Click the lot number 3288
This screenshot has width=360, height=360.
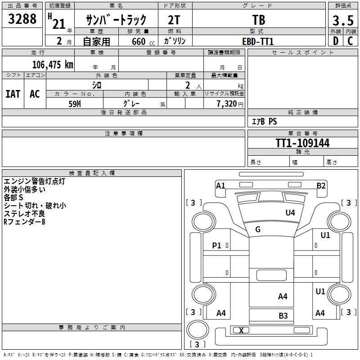coord(22,19)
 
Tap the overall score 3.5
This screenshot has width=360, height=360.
coord(342,21)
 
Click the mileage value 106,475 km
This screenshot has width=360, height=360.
coord(53,65)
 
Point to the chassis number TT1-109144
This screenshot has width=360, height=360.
coord(302,144)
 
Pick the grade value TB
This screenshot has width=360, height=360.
coord(259,20)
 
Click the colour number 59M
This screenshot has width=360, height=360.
coord(75,103)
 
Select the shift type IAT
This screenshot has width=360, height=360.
coord(13,94)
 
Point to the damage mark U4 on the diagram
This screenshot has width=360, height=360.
coord(290,213)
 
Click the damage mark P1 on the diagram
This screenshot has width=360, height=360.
coord(217,245)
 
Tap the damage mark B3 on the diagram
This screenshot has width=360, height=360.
coord(283,316)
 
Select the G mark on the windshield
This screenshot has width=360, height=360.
coord(258,229)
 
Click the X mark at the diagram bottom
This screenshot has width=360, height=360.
coord(241,331)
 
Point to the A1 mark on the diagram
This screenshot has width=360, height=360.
coord(220,185)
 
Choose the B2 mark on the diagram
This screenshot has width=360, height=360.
coord(321,185)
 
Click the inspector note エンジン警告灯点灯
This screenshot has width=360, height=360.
coord(35,182)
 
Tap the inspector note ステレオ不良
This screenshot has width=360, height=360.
coord(24,213)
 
